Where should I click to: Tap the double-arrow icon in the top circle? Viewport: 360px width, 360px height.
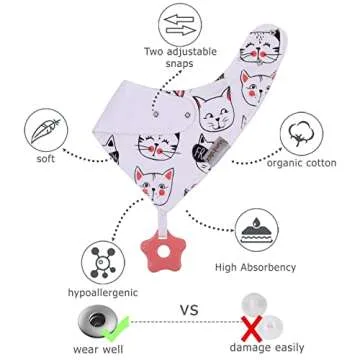tap(181, 23)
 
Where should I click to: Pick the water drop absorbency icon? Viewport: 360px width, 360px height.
tap(255, 233)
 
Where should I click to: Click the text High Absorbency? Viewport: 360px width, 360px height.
tap(255, 268)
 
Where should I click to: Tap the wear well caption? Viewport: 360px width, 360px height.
tap(97, 351)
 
